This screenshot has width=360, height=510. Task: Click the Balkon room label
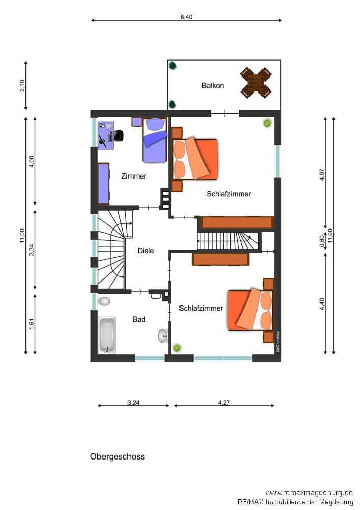tap(213, 86)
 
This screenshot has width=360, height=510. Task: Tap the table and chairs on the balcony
tap(256, 83)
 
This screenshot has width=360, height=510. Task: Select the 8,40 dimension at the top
tap(186, 17)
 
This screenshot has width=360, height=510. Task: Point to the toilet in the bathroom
tap(104, 301)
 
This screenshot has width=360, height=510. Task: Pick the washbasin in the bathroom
tap(163, 336)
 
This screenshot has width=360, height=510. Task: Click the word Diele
tap(146, 251)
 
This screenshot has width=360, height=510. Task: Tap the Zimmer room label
tap(134, 176)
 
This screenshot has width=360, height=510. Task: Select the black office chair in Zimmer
tap(118, 135)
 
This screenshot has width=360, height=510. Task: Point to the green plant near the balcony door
tap(267, 123)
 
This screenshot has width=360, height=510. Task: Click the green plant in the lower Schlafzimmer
tap(177, 348)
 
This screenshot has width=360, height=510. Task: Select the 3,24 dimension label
tap(133, 403)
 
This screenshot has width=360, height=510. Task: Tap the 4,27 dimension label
tap(224, 403)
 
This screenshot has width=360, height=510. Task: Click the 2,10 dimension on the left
tap(22, 86)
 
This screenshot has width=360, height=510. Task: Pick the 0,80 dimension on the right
tap(322, 241)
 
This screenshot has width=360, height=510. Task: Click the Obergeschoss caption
tap(117, 456)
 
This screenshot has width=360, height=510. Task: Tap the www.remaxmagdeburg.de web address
tap(309, 493)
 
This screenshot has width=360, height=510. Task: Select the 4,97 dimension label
tap(322, 174)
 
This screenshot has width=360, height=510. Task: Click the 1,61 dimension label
tap(32, 324)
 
